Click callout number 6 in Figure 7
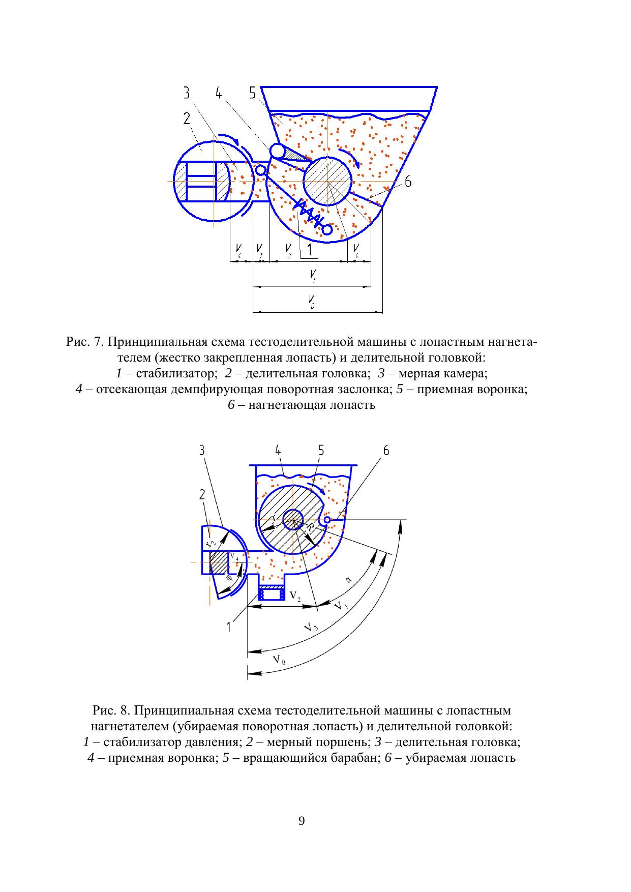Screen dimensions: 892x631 click(x=408, y=182)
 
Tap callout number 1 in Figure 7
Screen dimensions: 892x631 click(x=309, y=250)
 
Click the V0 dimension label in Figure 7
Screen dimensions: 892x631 click(x=312, y=301)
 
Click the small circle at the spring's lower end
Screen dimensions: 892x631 click(x=327, y=230)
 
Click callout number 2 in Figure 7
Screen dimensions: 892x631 click(x=187, y=118)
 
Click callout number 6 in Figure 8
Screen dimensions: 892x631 click(x=386, y=451)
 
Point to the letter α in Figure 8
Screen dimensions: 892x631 click(x=348, y=578)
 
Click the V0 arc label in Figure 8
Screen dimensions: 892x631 click(x=279, y=660)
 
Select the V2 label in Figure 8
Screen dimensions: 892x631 click(x=295, y=594)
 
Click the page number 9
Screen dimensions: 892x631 click(x=302, y=821)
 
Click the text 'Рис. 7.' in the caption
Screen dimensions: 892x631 click(x=85, y=342)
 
